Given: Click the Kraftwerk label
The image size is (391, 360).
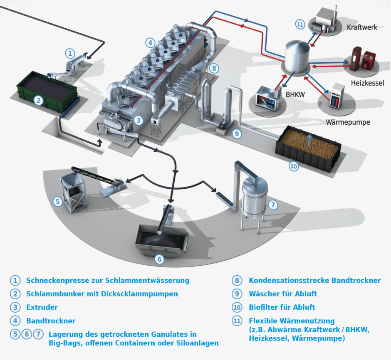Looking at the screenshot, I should (362, 27).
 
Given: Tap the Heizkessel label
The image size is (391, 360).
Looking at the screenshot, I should (367, 83).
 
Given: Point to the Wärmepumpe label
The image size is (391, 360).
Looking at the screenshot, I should (348, 123).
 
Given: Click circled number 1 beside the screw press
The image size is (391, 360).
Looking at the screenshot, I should (70, 53).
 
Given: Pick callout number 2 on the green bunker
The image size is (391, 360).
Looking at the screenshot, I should (38, 100).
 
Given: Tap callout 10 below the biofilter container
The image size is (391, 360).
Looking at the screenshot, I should (294, 166).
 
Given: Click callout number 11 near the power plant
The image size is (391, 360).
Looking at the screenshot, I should (300, 24).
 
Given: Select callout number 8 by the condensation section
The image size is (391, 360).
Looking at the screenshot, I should (213, 68).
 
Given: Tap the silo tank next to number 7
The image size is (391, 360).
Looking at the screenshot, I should (254, 199).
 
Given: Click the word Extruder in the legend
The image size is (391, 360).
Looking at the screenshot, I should (42, 308).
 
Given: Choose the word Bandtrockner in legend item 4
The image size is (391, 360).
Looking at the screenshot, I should (51, 321).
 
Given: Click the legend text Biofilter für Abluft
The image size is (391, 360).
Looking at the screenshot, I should (282, 308).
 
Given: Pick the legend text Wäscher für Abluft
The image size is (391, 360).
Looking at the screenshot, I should (283, 294).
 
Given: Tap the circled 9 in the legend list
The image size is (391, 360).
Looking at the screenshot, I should (237, 294).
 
